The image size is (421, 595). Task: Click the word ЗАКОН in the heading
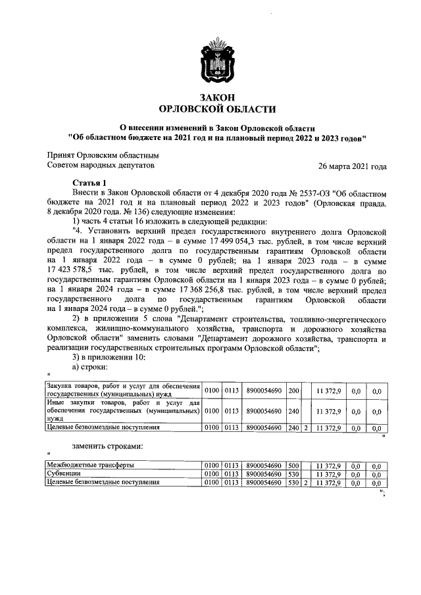tap(210, 97)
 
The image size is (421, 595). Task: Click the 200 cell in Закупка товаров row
tap(294, 391)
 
